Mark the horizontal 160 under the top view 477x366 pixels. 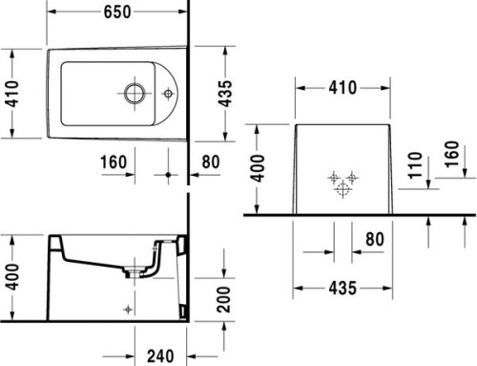[115, 161]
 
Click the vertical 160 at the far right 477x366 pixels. [451, 153]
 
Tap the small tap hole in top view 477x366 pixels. [169, 94]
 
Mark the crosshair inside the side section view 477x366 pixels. [129, 309]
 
